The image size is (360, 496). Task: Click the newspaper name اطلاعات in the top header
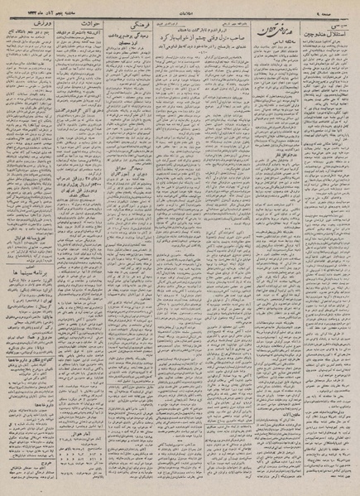pos(181,8)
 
